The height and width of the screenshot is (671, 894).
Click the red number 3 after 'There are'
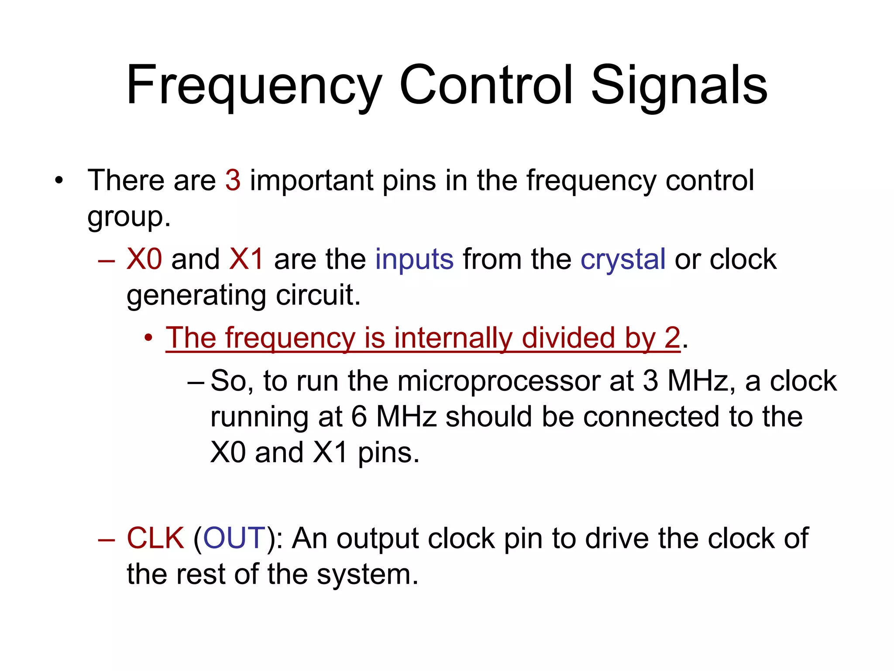click(x=233, y=180)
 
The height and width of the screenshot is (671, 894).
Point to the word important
click(x=311, y=180)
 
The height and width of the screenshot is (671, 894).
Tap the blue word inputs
click(x=414, y=259)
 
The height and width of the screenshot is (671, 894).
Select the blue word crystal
click(x=623, y=259)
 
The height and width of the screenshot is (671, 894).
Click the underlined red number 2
click(x=672, y=338)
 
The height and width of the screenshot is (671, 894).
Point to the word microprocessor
click(x=499, y=380)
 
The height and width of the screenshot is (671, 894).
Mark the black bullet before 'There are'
click(x=59, y=181)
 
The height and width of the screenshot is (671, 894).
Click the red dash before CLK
click(x=107, y=540)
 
